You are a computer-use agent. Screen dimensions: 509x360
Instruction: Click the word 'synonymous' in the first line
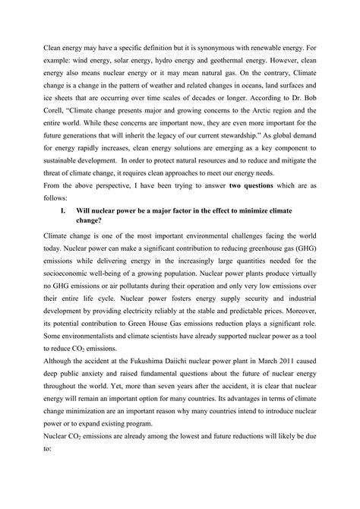coord(209,58)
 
